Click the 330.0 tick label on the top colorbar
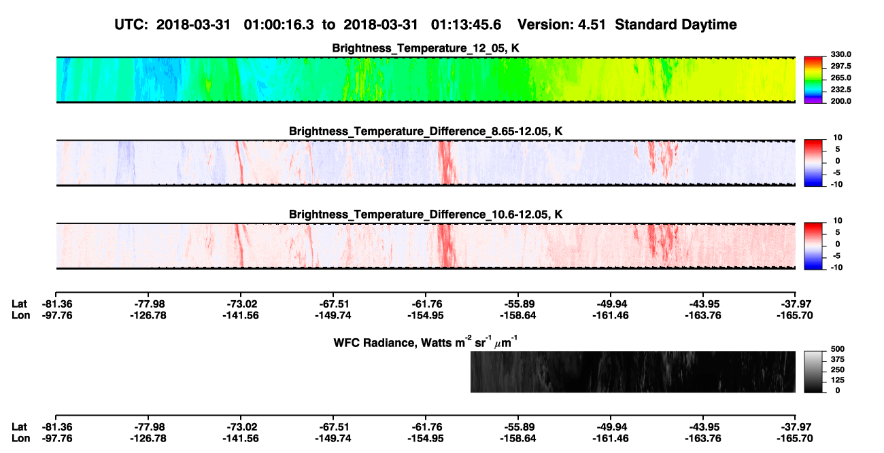click(x=840, y=54)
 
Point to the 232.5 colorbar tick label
click(x=840, y=90)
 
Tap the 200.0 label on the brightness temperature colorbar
click(x=840, y=101)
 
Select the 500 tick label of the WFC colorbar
click(x=837, y=349)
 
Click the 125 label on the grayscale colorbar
click(x=837, y=380)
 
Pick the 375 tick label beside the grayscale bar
click(x=837, y=359)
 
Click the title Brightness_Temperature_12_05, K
click(x=426, y=48)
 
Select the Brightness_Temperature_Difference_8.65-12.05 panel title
click(x=426, y=131)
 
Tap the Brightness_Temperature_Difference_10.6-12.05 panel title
click(x=426, y=215)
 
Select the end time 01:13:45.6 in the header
click(x=466, y=25)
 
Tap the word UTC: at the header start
click(x=131, y=25)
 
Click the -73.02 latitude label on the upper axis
click(x=241, y=304)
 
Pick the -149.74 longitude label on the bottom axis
click(x=333, y=439)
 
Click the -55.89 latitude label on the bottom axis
click(x=518, y=427)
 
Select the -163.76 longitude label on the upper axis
click(x=703, y=315)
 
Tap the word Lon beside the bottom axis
click(x=21, y=439)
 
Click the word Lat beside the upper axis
click(x=19, y=304)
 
